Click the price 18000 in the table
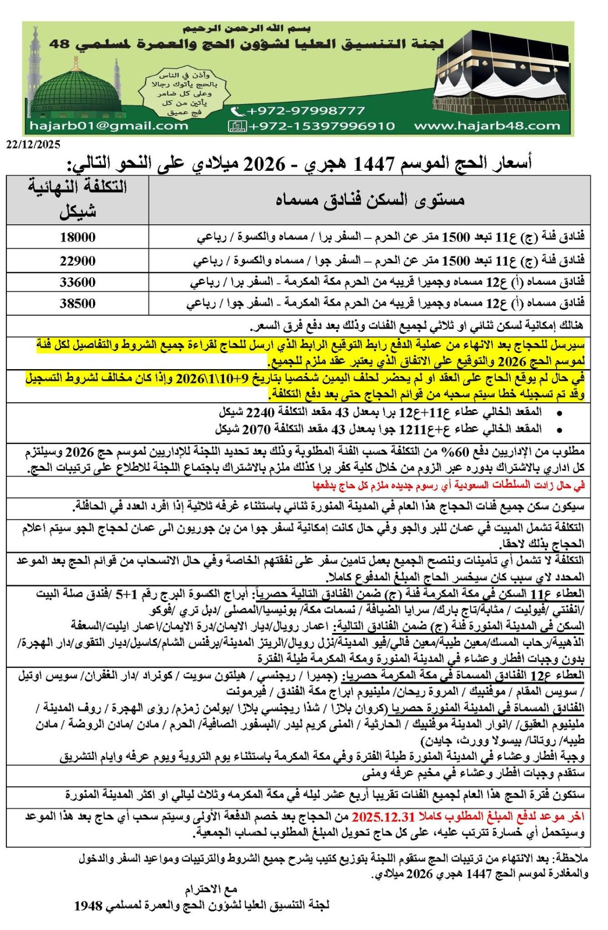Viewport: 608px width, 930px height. [x=77, y=237]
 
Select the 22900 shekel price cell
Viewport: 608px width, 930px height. [x=77, y=260]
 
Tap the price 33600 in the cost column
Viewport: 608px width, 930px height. [x=77, y=282]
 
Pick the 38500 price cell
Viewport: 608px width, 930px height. [x=77, y=303]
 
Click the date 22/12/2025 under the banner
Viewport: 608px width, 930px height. [x=33, y=145]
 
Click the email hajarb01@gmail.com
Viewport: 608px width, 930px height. [x=109, y=126]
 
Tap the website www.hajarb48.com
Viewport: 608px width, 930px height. [x=487, y=126]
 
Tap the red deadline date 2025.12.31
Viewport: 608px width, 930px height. [x=381, y=817]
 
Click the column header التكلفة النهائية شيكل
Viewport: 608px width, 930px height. [x=77, y=199]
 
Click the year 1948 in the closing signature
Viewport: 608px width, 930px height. [x=88, y=906]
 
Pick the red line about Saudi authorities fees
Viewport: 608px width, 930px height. [x=448, y=485]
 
